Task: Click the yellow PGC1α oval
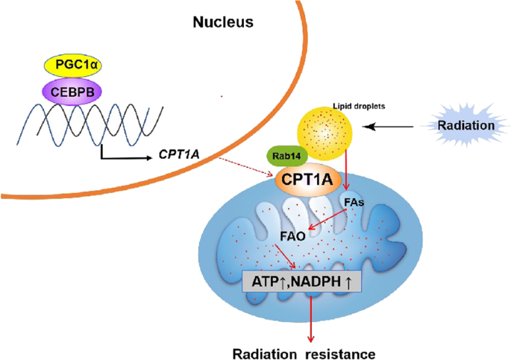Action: tap(72, 65)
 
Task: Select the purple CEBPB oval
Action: tap(72, 92)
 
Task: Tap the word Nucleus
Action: tap(223, 22)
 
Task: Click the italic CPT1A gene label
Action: tap(179, 154)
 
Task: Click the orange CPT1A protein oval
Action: tap(307, 180)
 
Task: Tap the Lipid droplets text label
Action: tap(359, 106)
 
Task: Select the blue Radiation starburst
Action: tap(466, 125)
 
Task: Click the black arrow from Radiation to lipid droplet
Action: tap(388, 127)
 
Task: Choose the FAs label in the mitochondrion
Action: tap(354, 203)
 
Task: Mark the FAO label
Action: tap(292, 236)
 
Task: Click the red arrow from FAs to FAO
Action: tap(327, 219)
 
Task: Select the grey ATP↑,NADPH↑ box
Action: tap(302, 281)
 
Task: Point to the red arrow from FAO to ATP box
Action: tap(285, 256)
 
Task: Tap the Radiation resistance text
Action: tap(304, 354)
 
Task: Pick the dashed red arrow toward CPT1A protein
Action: tap(246, 167)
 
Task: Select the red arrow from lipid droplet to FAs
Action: tap(346, 168)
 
